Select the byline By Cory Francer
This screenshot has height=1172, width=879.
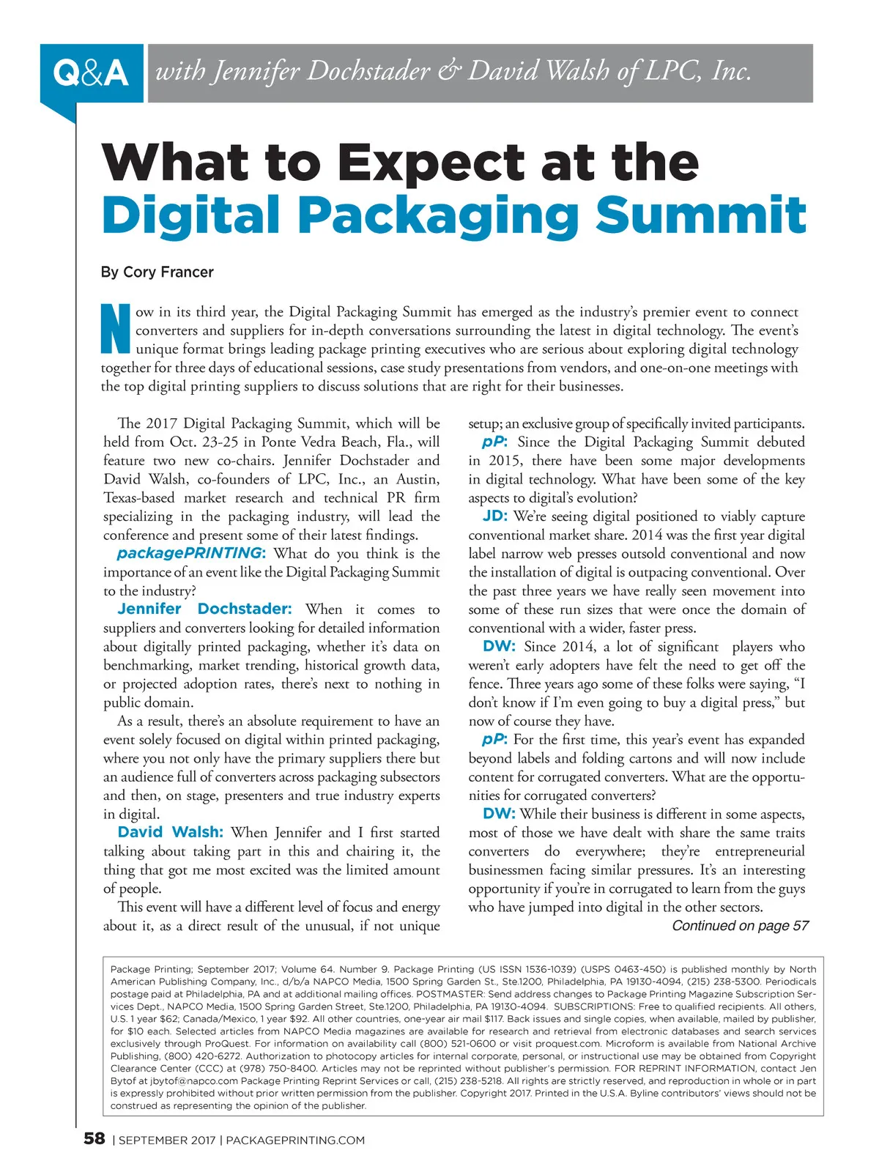pos(157,272)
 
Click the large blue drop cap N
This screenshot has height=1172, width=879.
pos(114,330)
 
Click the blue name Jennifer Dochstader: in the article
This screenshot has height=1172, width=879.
pos(204,609)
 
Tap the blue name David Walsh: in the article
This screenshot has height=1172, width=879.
pos(170,832)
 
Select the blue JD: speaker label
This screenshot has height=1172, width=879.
pos(495,516)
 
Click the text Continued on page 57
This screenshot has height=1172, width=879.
pos(740,926)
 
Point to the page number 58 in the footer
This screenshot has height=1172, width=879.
pos(94,1138)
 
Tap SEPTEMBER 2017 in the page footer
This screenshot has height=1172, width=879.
pos(167,1141)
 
